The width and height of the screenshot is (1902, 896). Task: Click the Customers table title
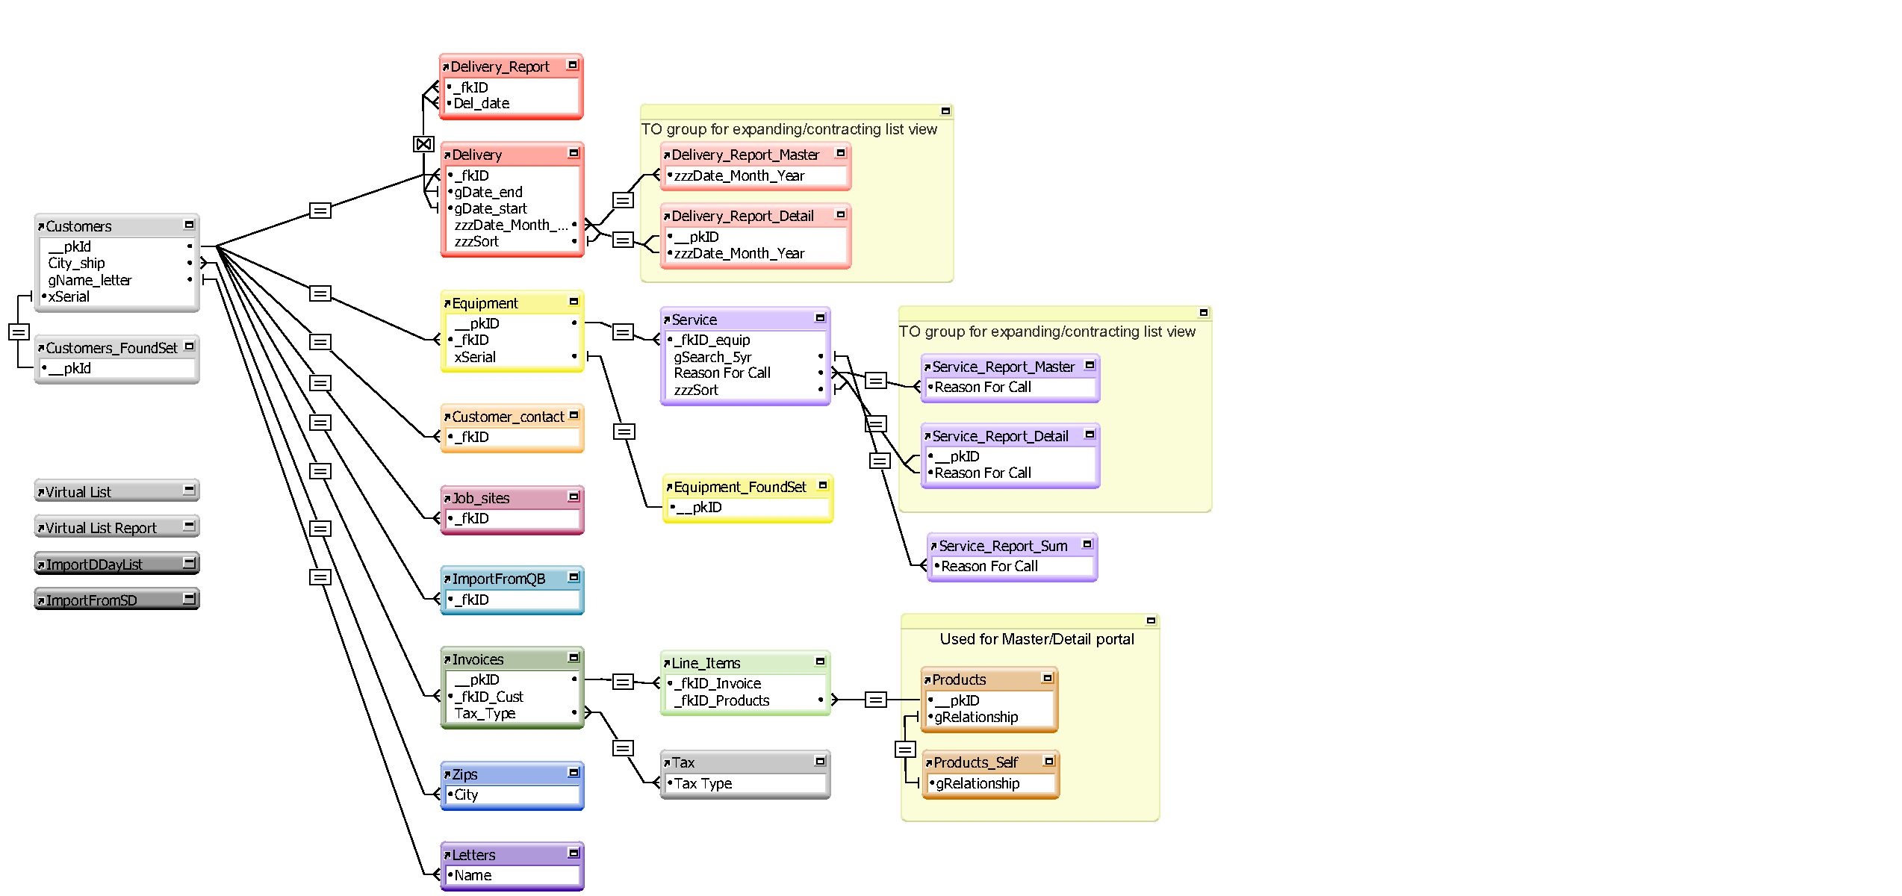click(x=78, y=226)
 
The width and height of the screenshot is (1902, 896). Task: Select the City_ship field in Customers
click(x=76, y=263)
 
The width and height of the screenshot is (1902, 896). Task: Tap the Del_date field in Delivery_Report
click(x=482, y=103)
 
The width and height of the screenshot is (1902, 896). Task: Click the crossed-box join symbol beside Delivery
click(x=423, y=143)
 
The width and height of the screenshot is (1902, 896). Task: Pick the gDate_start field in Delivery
click(x=491, y=208)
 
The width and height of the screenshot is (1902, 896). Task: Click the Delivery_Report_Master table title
click(x=745, y=155)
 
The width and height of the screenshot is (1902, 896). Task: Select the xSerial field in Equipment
click(x=475, y=357)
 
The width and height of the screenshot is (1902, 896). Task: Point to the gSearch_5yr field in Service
click(x=712, y=357)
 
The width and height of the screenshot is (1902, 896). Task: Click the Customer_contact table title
click(x=508, y=417)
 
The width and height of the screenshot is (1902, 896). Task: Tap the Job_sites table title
click(x=481, y=498)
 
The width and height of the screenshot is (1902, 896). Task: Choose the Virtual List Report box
click(x=117, y=527)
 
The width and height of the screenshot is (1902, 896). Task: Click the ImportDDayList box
click(x=117, y=564)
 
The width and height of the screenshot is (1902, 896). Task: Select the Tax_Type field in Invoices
click(x=485, y=713)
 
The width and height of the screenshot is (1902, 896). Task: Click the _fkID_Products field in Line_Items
click(x=721, y=700)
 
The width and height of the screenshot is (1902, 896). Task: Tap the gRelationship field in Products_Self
click(x=978, y=783)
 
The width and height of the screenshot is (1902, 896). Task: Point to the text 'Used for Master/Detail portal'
click(x=1037, y=639)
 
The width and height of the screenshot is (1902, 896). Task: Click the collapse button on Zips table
click(x=574, y=773)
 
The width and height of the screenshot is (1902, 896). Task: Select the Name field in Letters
click(x=473, y=875)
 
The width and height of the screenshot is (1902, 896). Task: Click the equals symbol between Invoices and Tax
click(x=624, y=748)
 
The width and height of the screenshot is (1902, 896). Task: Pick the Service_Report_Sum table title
click(x=1003, y=546)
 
